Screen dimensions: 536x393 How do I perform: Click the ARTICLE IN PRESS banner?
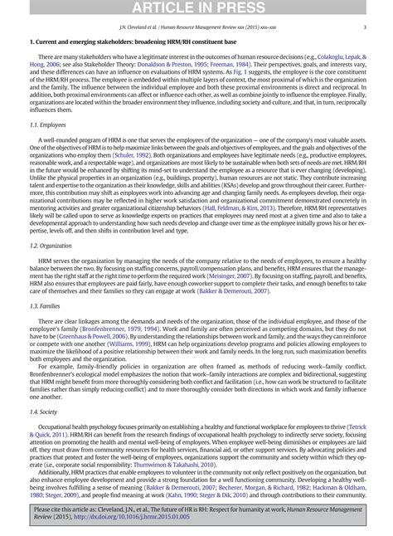(x=196, y=7)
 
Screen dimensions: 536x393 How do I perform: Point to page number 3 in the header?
(x=365, y=25)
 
